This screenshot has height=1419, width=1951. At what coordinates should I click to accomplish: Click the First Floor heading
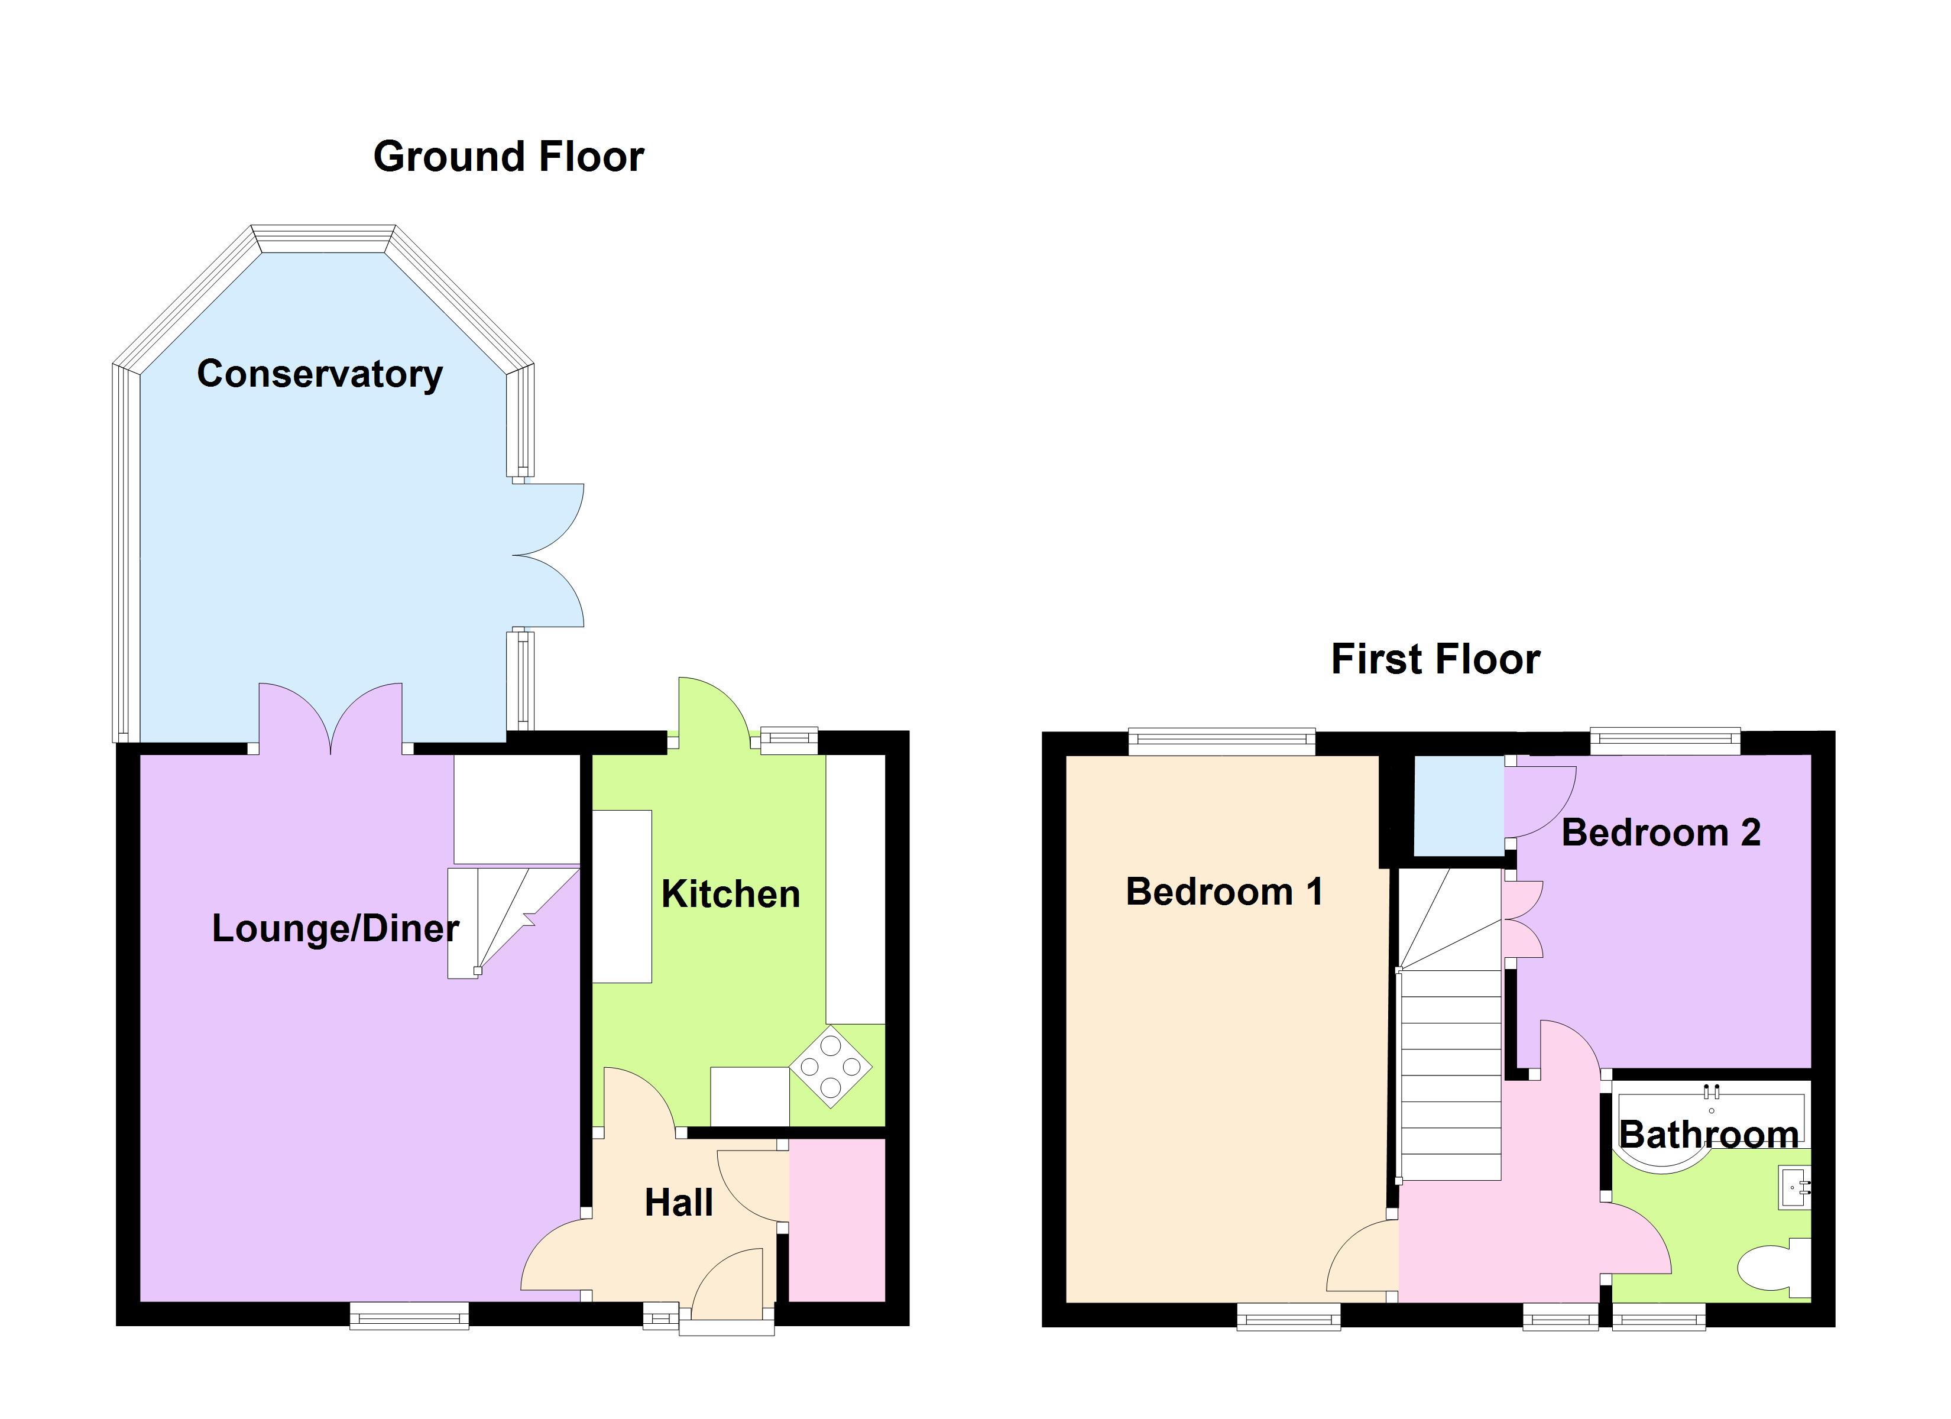point(1435,660)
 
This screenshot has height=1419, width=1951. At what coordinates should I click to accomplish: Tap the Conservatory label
point(319,374)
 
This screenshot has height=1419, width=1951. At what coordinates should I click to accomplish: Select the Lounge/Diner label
point(335,928)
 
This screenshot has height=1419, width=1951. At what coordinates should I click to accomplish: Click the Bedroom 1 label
point(1223,892)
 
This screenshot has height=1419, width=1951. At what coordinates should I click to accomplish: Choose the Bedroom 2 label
point(1660,833)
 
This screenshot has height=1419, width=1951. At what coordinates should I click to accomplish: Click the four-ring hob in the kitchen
point(830,1067)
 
